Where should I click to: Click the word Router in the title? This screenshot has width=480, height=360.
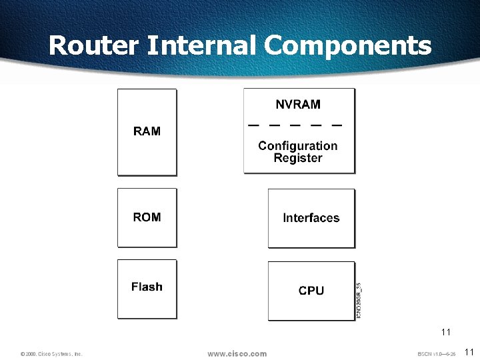pyautogui.click(x=94, y=45)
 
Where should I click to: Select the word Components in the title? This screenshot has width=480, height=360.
pyautogui.click(x=347, y=45)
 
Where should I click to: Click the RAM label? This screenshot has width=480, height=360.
pyautogui.click(x=147, y=131)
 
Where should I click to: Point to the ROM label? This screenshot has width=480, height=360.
pyautogui.click(x=147, y=217)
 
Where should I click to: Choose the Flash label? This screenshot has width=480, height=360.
pyautogui.click(x=147, y=287)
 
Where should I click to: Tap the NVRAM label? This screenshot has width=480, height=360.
pyautogui.click(x=298, y=105)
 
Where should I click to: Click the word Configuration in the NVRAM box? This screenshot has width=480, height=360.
pyautogui.click(x=298, y=145)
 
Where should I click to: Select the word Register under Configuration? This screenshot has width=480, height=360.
pyautogui.click(x=298, y=158)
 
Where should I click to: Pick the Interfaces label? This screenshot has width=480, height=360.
pyautogui.click(x=311, y=218)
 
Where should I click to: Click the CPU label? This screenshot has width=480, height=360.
pyautogui.click(x=311, y=291)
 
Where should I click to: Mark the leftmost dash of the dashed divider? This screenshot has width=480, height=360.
pyautogui.click(x=254, y=125)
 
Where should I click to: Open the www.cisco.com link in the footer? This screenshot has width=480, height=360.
pyautogui.click(x=237, y=353)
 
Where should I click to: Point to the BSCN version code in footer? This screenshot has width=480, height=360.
pyautogui.click(x=436, y=354)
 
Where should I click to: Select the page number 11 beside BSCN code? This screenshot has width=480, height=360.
pyautogui.click(x=468, y=352)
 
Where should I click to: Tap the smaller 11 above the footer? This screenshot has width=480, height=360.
pyautogui.click(x=446, y=331)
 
